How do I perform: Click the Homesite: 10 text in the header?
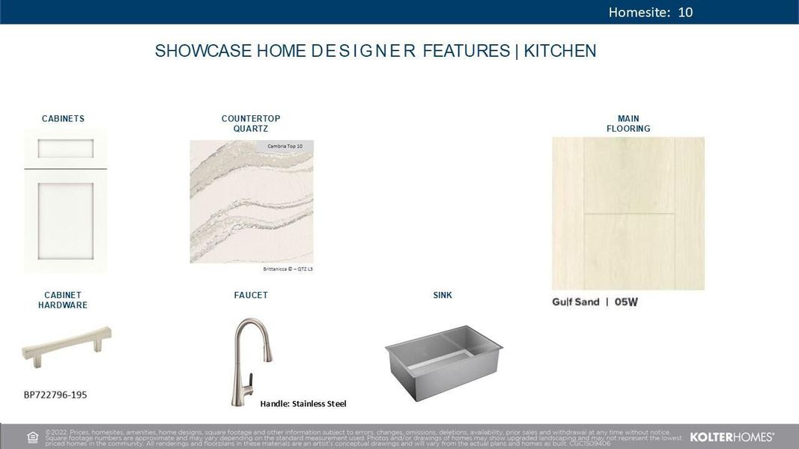(x=650, y=12)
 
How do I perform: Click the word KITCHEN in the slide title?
(x=560, y=51)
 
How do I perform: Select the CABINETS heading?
(x=63, y=119)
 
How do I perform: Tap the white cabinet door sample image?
(x=65, y=201)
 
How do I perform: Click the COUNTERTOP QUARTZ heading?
(x=251, y=123)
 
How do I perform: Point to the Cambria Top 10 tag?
(x=285, y=146)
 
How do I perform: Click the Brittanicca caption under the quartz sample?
(x=288, y=269)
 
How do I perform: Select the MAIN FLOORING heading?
(x=628, y=123)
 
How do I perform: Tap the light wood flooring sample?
(x=628, y=213)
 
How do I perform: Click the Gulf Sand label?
(x=576, y=302)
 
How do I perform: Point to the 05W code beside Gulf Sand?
(x=626, y=302)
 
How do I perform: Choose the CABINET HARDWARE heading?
(x=63, y=300)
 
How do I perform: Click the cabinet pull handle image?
(x=67, y=348)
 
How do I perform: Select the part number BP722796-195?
(x=55, y=394)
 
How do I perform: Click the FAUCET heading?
(x=251, y=296)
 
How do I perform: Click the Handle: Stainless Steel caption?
(x=303, y=404)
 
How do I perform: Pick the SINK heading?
(x=443, y=296)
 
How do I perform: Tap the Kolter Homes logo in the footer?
(x=731, y=436)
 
